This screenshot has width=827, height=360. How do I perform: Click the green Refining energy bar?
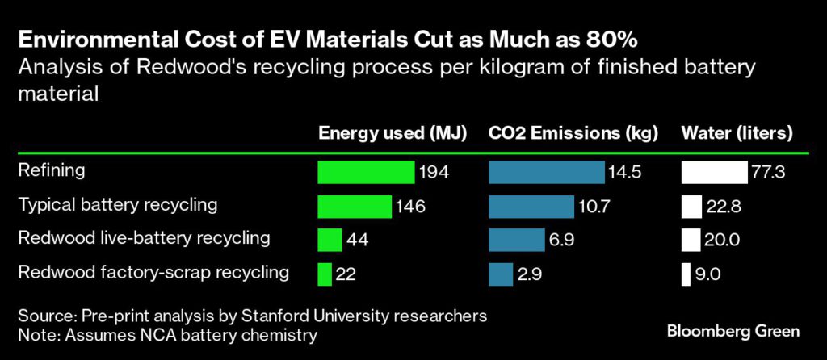(366, 172)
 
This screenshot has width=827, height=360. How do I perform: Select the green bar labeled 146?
(355, 206)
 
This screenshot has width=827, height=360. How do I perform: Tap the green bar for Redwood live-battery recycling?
(330, 240)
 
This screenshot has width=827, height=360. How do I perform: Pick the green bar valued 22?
(325, 274)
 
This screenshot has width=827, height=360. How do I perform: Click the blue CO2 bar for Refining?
(546, 172)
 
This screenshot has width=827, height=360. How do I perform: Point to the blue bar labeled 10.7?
(531, 206)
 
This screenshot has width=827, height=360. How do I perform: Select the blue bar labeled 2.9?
(501, 274)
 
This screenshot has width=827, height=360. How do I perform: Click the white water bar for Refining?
(714, 172)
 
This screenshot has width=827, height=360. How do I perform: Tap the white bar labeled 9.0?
(686, 274)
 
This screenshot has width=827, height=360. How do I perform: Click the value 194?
(434, 172)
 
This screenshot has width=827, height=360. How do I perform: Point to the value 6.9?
(565, 240)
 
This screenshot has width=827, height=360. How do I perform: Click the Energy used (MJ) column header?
(393, 133)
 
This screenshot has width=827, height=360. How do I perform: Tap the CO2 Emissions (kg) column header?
(574, 133)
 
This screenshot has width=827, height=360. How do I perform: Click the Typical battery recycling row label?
(118, 204)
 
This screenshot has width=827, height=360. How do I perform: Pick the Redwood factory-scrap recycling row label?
(153, 272)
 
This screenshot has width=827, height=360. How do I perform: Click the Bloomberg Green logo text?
(733, 331)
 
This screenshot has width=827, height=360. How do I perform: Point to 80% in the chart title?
(615, 39)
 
